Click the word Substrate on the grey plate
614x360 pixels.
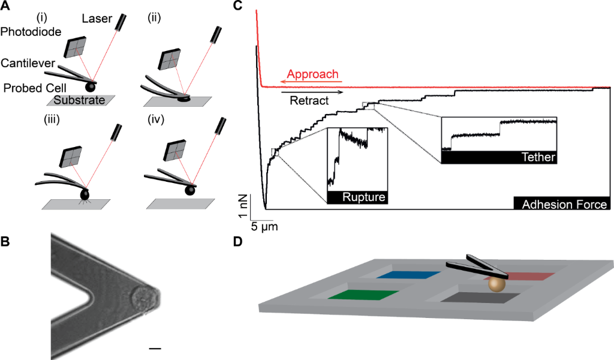(x=80, y=100)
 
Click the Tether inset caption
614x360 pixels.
(x=538, y=157)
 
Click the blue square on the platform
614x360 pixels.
(x=412, y=275)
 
